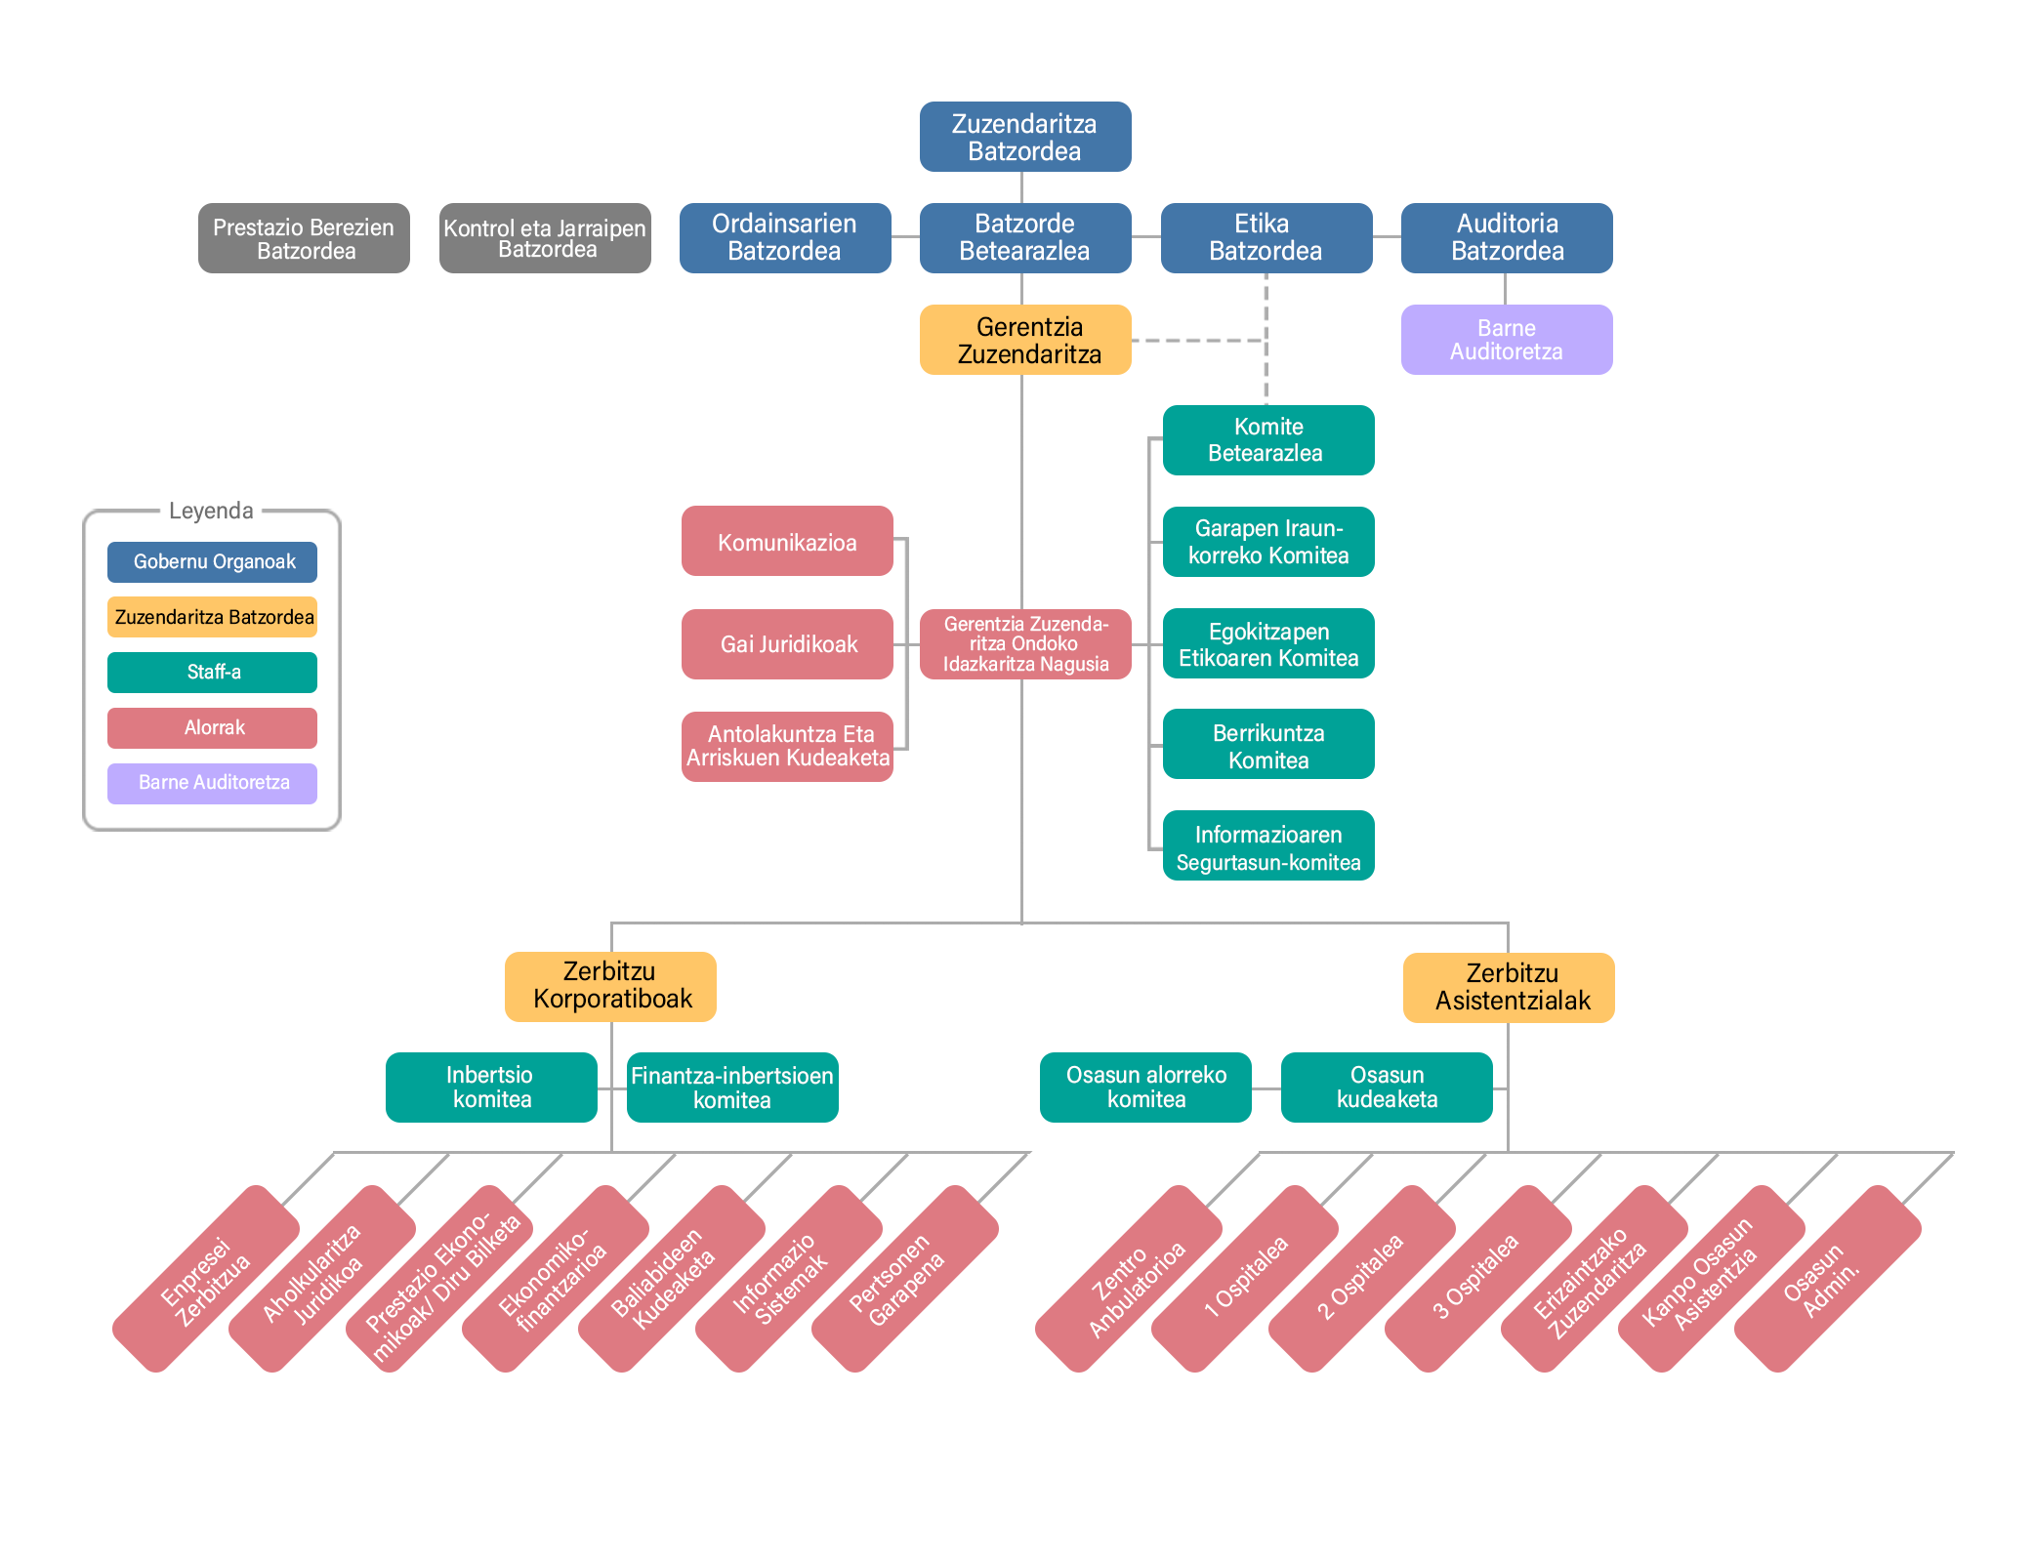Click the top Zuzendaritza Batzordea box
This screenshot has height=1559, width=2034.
(1024, 137)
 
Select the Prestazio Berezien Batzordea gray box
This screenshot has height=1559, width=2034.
(304, 238)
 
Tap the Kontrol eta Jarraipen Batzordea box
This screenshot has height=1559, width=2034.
(544, 238)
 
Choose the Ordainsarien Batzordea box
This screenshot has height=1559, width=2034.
(784, 238)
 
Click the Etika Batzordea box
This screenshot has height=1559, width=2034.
(1266, 238)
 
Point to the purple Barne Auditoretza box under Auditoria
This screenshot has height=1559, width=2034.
(1506, 340)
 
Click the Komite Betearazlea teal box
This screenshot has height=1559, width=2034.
(1267, 440)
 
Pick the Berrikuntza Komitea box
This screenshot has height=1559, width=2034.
(1267, 745)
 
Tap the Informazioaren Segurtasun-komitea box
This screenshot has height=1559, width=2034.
(1267, 846)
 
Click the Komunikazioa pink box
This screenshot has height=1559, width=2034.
(786, 542)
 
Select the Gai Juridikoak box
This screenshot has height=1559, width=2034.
(786, 644)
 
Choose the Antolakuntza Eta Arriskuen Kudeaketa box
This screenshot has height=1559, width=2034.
(786, 746)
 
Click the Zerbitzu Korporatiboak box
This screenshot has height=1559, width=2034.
(610, 986)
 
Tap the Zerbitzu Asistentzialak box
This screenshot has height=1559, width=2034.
(1509, 987)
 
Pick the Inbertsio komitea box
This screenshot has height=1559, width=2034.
(490, 1087)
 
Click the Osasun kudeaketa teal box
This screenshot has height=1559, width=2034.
(1386, 1087)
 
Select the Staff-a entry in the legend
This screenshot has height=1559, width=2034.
(212, 672)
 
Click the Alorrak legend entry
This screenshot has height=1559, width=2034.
(212, 727)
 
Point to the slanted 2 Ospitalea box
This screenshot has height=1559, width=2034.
(1361, 1278)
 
